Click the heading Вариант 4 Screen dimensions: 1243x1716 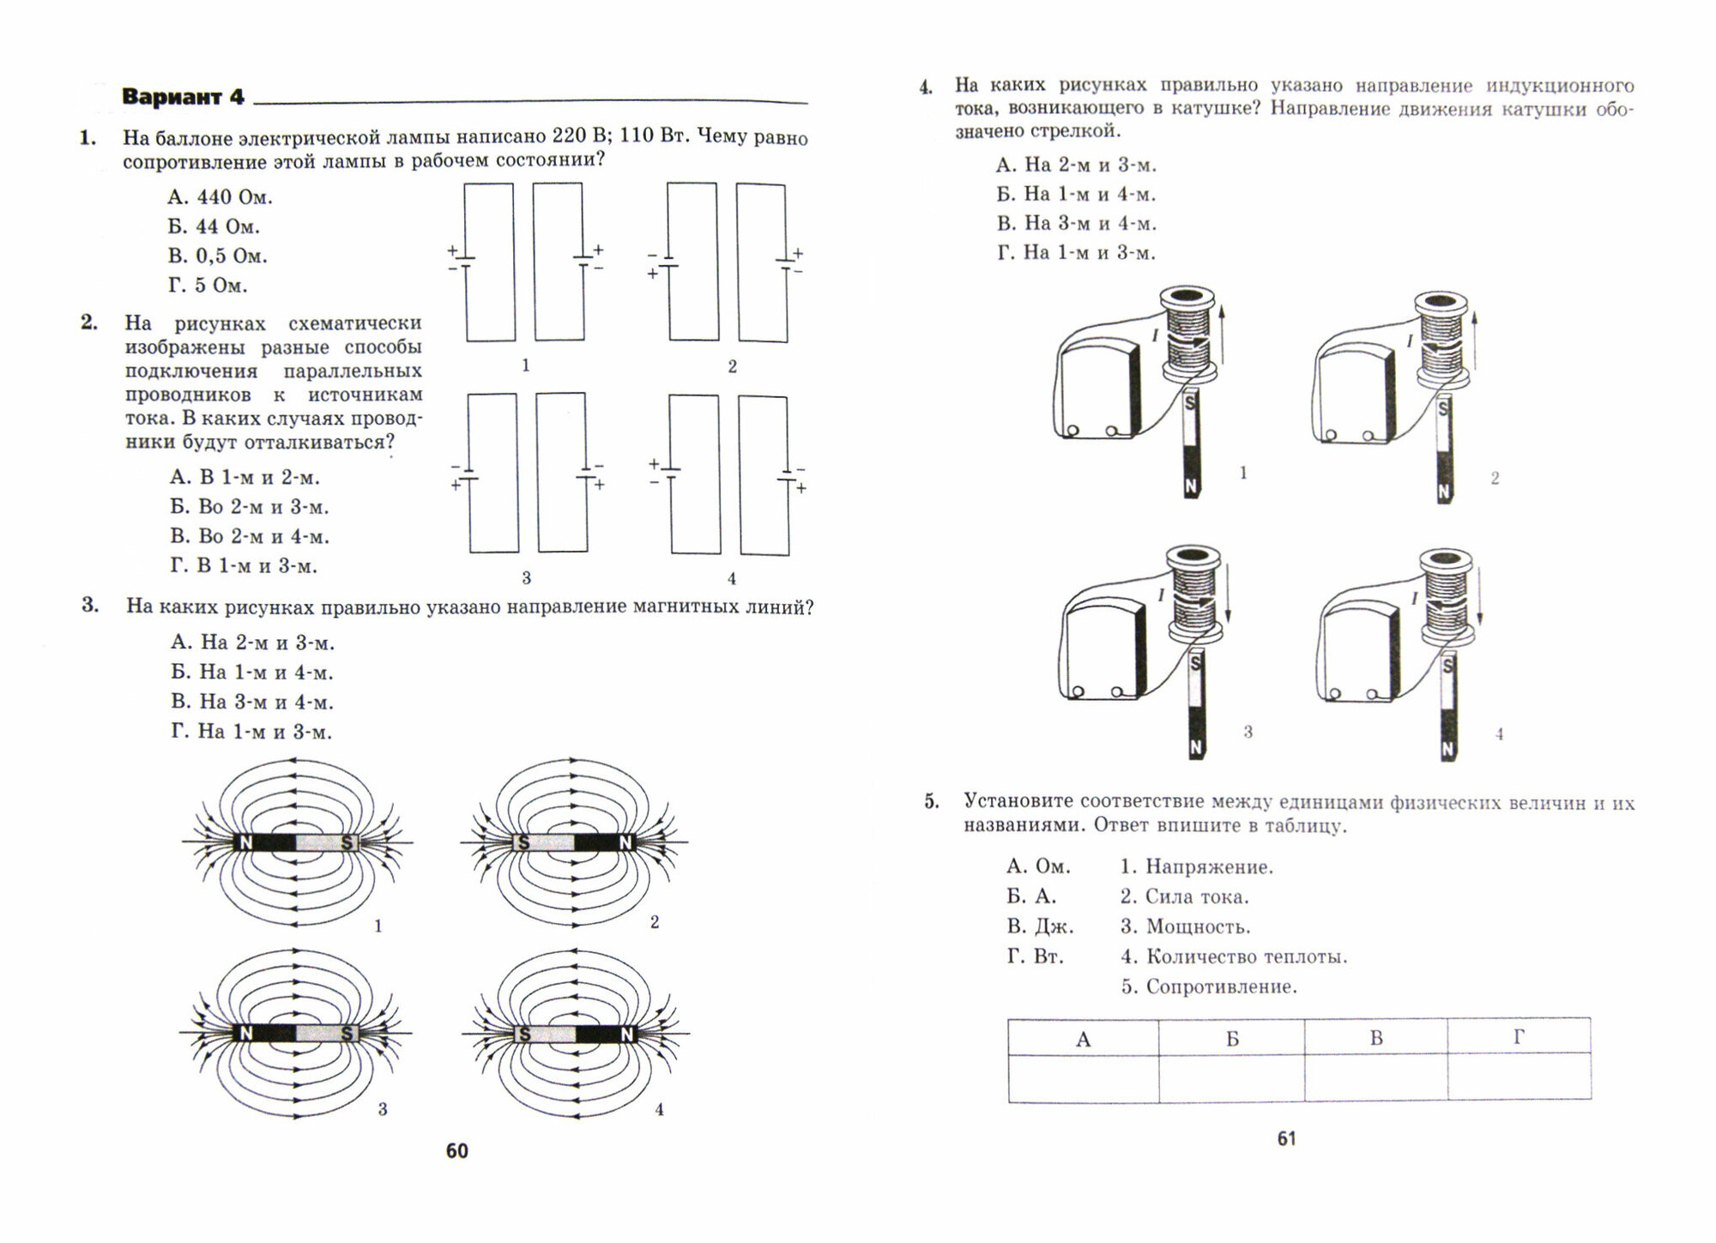183,97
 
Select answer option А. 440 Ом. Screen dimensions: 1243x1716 220,197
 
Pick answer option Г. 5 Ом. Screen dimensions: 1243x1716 208,285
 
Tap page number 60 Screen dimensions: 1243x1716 457,1151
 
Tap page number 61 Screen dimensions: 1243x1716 1286,1138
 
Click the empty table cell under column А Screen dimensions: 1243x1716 1083,1077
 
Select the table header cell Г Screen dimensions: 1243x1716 1518,1037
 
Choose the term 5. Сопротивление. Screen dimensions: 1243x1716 1209,987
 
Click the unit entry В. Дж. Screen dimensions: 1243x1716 1040,926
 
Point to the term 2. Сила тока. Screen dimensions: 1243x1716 1184,896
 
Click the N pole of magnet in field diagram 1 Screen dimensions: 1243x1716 245,842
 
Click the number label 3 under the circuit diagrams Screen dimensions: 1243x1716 526,577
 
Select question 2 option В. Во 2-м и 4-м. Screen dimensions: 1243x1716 250,536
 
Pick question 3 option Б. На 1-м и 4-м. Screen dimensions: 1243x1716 251,672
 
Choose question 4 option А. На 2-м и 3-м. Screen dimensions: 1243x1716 1077,165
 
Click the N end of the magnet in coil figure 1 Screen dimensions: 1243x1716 1191,486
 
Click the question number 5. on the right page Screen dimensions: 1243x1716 932,802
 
